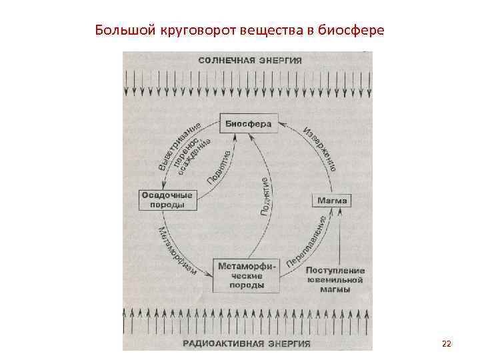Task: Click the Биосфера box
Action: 249,124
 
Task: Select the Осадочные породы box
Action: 168,200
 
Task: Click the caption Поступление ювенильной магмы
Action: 335,280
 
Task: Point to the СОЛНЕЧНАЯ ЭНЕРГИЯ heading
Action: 250,59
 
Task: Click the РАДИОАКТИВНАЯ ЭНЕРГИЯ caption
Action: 247,343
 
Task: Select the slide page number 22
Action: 446,343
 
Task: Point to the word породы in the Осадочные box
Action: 168,205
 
